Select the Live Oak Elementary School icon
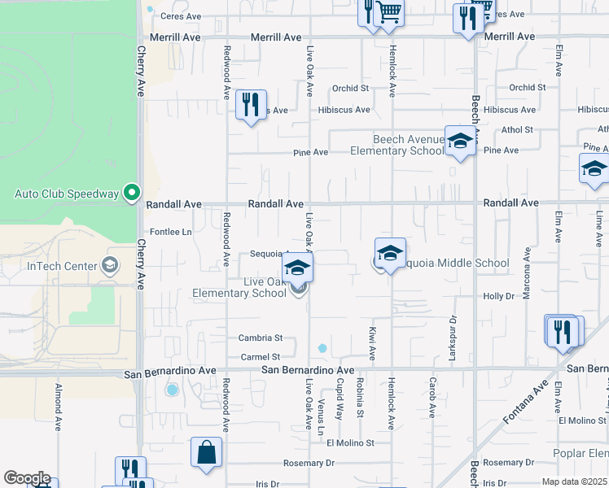pos(298,267)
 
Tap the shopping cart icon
pos(390,12)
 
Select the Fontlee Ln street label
pos(170,232)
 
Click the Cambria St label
pos(260,338)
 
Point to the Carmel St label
pos(260,357)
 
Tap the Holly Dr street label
pos(499,297)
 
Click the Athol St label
pos(517,129)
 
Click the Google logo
pos(26,478)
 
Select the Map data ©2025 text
pos(573,481)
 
